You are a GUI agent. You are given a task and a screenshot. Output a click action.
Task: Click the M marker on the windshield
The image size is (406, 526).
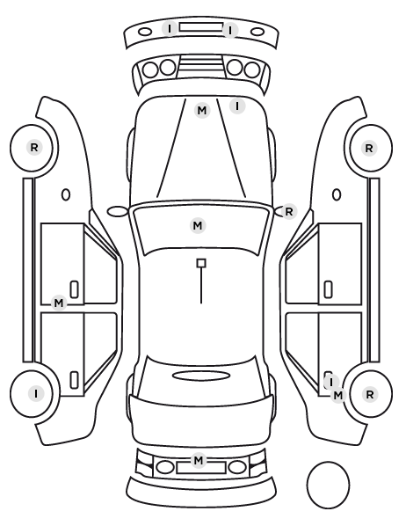[x=198, y=225]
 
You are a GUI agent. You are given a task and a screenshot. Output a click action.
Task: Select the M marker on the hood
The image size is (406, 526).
[x=202, y=110]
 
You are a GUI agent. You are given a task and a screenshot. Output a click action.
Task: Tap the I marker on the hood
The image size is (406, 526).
[x=237, y=106]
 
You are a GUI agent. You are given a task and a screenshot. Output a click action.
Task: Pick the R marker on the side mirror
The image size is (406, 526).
[x=289, y=212]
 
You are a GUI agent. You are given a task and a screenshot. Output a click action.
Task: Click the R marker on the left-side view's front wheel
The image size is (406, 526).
[x=34, y=147]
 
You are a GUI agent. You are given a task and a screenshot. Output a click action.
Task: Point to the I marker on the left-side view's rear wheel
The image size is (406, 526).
[x=36, y=393]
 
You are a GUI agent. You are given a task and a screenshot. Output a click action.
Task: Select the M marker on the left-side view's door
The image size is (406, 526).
[x=59, y=303]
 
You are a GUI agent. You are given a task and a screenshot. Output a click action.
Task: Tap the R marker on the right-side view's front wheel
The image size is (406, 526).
[x=369, y=148]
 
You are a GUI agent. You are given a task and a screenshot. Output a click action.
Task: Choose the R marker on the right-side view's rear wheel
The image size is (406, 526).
[x=370, y=394]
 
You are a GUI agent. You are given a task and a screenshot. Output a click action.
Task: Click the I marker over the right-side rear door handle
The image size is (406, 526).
[x=331, y=382]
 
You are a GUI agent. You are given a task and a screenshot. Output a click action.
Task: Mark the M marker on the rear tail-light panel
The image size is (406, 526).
[x=199, y=459]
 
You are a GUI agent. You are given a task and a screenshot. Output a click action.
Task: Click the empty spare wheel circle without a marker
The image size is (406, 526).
[x=328, y=485]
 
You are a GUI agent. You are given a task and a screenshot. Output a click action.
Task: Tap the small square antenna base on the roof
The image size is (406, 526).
[x=201, y=263]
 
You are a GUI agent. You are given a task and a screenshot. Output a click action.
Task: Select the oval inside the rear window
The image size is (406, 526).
[x=201, y=376]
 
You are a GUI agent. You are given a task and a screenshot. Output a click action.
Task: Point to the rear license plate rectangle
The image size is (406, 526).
[x=201, y=468]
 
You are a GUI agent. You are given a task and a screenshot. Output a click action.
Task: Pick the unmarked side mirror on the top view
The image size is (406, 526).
[x=118, y=211]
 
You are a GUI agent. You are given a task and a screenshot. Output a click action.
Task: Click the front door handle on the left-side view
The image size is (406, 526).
[x=74, y=289]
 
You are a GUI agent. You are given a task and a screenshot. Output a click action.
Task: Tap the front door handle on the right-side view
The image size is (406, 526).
[x=329, y=289]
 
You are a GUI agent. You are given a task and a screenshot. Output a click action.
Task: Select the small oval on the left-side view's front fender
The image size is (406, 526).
[x=66, y=195]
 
